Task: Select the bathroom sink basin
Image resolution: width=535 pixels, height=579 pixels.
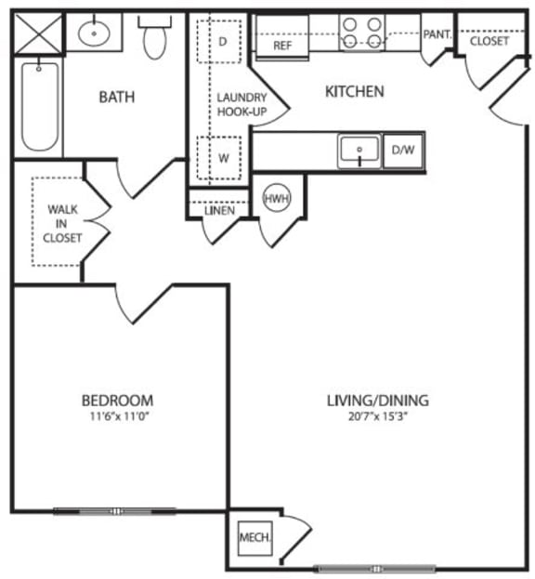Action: [94, 34]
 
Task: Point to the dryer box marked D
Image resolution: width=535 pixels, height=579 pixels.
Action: [222, 41]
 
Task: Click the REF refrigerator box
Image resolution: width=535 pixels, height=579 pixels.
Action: [282, 44]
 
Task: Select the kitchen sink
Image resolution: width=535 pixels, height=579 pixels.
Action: [359, 151]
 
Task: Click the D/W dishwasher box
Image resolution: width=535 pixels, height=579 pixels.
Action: [402, 150]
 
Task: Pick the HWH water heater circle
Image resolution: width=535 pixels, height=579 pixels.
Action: [275, 199]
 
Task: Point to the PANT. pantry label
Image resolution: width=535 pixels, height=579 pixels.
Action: [436, 34]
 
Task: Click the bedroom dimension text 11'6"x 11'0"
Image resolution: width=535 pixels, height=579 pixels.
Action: [117, 416]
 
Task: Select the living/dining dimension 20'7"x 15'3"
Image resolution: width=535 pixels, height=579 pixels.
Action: [377, 416]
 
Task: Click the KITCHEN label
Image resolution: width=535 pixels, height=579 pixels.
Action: [354, 91]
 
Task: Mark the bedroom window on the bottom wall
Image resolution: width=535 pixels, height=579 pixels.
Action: [114, 510]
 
